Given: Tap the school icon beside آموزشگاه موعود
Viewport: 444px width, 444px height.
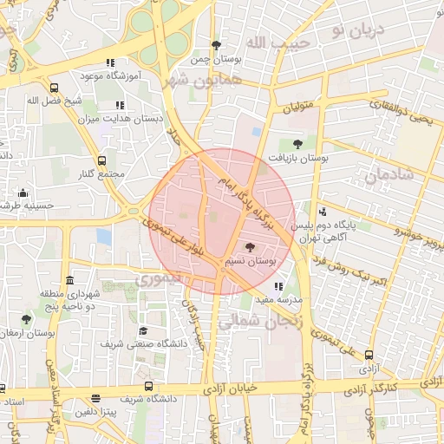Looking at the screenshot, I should click(x=109, y=62).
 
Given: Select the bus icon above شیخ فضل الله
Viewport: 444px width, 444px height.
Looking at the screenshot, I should click(x=54, y=88).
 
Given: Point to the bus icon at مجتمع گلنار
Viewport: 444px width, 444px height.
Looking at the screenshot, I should click(x=102, y=160).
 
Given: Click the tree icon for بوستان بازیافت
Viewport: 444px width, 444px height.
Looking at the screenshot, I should click(x=297, y=145).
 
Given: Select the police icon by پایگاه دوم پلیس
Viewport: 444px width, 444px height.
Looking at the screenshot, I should click(x=323, y=212).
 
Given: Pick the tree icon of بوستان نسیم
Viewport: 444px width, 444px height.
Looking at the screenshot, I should click(x=251, y=248).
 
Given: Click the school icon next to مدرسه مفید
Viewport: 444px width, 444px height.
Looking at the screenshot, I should click(x=277, y=286).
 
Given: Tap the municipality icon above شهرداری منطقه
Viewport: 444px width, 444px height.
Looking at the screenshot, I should click(x=69, y=280).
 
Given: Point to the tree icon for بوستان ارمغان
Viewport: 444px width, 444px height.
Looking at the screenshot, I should click(x=25, y=319).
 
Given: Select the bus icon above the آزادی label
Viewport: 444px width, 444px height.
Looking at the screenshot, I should click(x=369, y=355).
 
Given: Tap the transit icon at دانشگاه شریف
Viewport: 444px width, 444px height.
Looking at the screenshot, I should click(x=148, y=386).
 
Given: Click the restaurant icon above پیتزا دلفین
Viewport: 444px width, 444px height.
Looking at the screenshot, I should click(x=95, y=398).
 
